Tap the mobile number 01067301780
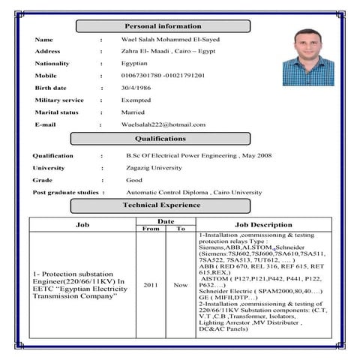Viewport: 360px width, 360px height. (x=142, y=76)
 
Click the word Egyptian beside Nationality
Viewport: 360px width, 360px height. (x=136, y=64)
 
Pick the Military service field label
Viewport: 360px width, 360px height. (x=59, y=100)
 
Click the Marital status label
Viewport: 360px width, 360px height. (x=56, y=112)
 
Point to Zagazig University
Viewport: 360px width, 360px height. (x=154, y=168)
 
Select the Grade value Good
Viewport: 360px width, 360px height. (x=134, y=180)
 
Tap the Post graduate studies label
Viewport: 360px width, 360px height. (x=65, y=193)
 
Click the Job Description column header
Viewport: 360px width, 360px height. (x=264, y=224)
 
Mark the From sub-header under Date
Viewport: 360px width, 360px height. (x=151, y=229)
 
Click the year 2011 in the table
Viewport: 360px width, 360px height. (x=151, y=286)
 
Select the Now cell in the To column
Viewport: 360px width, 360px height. (x=180, y=286)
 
